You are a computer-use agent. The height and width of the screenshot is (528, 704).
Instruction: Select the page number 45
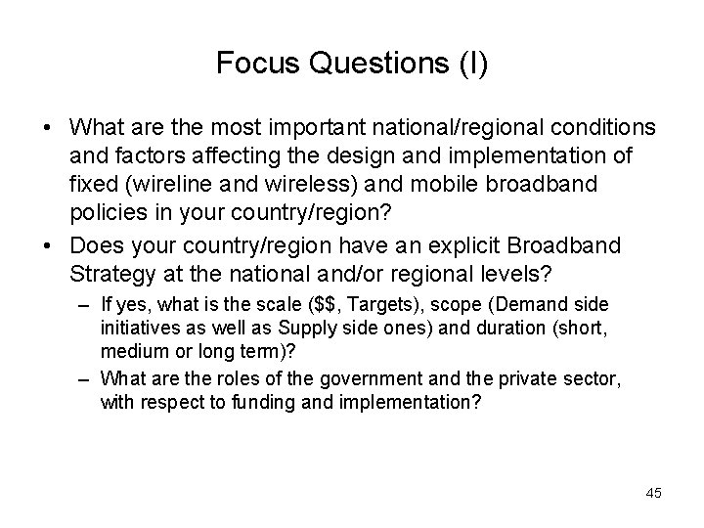(x=653, y=493)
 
